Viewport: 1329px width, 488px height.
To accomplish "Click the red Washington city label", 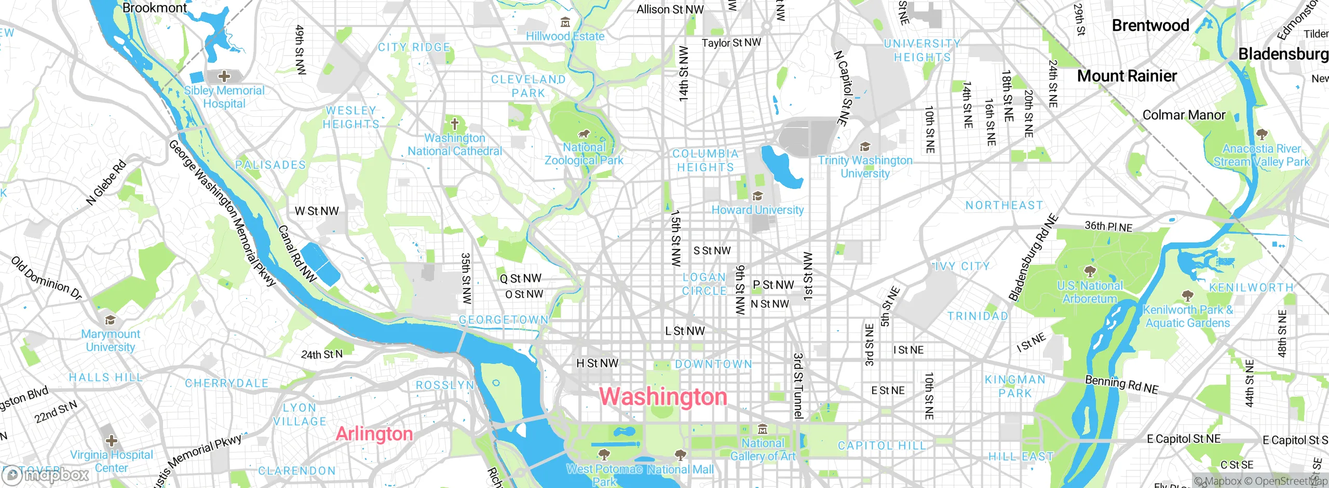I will [x=663, y=397].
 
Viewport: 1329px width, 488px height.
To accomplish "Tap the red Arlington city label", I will [x=374, y=433].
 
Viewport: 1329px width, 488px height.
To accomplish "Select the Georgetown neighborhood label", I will [x=503, y=320].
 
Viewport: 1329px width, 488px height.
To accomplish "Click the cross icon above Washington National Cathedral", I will [x=455, y=124].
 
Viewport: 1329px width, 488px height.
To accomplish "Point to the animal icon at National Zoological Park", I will [x=584, y=134].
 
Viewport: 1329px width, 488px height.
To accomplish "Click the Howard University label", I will [x=757, y=210].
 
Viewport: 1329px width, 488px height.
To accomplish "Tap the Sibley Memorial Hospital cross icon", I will [x=224, y=77].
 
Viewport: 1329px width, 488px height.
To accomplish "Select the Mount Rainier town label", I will [x=1127, y=76].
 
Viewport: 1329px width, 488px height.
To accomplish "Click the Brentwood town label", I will [x=1150, y=25].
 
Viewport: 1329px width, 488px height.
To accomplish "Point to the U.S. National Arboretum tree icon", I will [x=1090, y=272].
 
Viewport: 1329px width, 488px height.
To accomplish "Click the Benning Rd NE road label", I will [x=1121, y=385].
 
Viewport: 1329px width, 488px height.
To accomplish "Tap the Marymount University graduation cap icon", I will [x=110, y=320].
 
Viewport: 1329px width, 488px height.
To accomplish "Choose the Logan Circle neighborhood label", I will [x=704, y=284].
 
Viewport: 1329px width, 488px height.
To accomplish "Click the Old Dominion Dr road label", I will [x=47, y=278].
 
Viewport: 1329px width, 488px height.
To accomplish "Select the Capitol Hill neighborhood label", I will [x=882, y=445].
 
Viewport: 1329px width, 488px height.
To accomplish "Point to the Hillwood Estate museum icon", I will [x=565, y=22].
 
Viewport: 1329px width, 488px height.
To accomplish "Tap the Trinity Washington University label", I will [x=865, y=167].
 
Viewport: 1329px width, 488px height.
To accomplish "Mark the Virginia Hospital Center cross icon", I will [x=111, y=441].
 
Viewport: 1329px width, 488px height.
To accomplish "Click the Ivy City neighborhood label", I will [x=962, y=266].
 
